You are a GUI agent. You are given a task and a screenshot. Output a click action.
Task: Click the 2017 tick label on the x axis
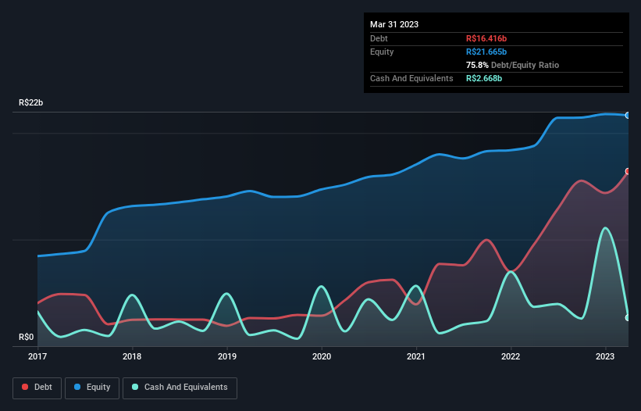(37, 356)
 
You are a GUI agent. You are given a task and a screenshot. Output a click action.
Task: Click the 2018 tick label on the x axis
(132, 356)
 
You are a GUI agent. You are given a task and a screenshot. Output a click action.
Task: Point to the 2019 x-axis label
(227, 356)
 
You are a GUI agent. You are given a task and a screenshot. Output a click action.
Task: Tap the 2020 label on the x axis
(322, 356)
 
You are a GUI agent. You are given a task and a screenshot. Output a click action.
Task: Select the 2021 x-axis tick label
(416, 356)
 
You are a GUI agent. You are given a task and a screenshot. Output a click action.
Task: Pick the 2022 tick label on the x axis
(511, 356)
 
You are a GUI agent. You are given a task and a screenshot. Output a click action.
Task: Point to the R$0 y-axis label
(27, 338)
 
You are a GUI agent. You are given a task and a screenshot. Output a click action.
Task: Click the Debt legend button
(36, 388)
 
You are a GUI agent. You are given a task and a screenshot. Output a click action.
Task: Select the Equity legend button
(92, 388)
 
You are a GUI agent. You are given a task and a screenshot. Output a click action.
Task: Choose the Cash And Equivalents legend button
(180, 388)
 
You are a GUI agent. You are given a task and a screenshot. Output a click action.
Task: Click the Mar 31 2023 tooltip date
(394, 24)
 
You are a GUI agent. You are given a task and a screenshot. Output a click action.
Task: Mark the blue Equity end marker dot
(628, 115)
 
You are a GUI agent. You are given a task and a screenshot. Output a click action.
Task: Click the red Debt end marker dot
(628, 171)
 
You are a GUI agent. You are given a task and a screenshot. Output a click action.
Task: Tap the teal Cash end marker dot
(628, 317)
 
